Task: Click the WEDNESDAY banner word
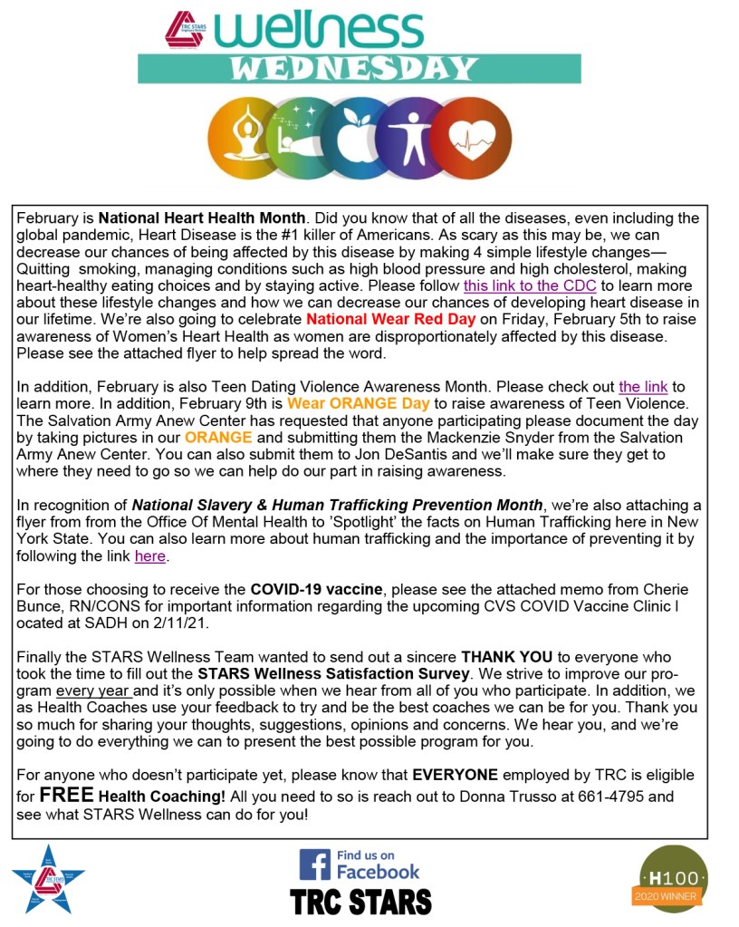coord(360,69)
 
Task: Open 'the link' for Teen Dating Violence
coord(643,387)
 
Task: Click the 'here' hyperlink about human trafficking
coord(151,556)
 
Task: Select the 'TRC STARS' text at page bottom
coord(360,902)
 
